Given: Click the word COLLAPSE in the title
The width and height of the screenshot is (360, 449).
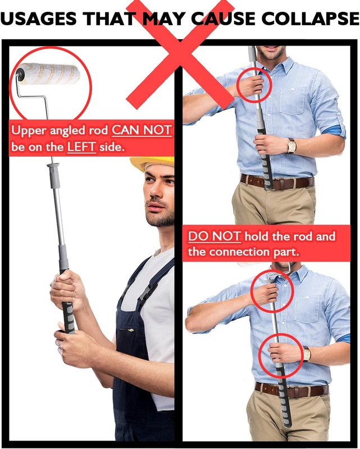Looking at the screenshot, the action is point(310,19).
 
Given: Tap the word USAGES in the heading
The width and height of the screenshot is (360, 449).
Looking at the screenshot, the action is point(38,19).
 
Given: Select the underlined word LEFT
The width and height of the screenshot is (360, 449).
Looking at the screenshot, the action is point(81,147).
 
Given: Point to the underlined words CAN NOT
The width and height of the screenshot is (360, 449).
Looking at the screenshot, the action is point(142,130).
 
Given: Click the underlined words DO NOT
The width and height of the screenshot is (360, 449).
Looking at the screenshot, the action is point(215,236).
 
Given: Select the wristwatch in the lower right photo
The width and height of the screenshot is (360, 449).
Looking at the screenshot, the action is point(307,354).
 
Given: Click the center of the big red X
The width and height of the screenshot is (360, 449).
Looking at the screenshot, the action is point(180,55).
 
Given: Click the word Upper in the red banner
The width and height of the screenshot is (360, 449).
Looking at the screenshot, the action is point(29,131).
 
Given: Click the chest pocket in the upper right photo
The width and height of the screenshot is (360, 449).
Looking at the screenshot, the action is point(292,101).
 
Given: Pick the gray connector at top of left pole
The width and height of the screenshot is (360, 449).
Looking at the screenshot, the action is point(54,176).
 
